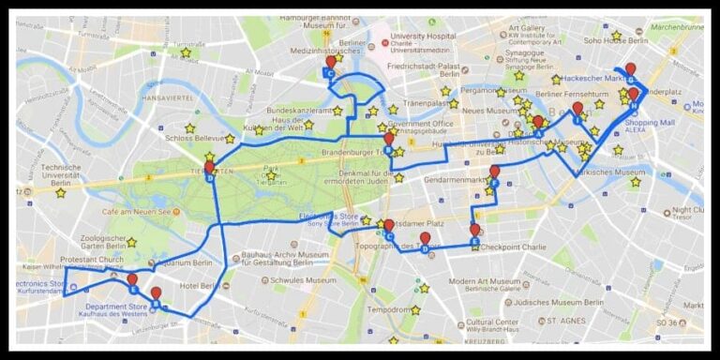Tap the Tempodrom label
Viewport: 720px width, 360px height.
(387, 309)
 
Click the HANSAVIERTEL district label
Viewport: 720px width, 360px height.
(166, 97)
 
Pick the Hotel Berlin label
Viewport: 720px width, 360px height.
(199, 285)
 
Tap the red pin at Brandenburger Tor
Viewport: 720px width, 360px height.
(388, 138)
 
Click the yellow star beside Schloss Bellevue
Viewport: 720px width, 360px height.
(189, 127)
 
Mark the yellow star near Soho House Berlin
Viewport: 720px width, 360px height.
(616, 35)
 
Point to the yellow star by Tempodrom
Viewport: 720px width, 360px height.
(414, 309)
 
